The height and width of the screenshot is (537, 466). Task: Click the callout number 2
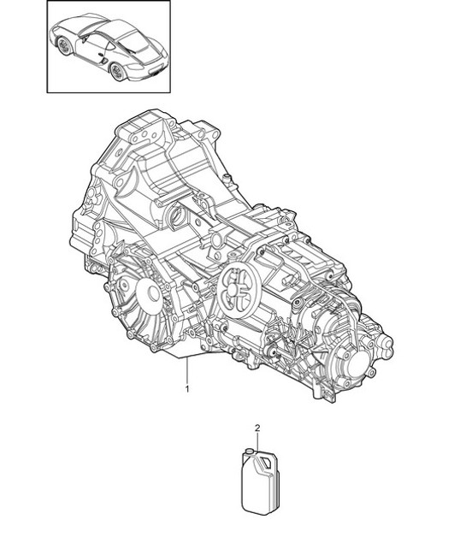click(257, 427)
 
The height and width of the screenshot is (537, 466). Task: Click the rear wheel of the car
click(116, 71)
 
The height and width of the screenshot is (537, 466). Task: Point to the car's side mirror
click(86, 37)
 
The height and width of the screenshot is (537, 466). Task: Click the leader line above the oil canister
click(257, 439)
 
